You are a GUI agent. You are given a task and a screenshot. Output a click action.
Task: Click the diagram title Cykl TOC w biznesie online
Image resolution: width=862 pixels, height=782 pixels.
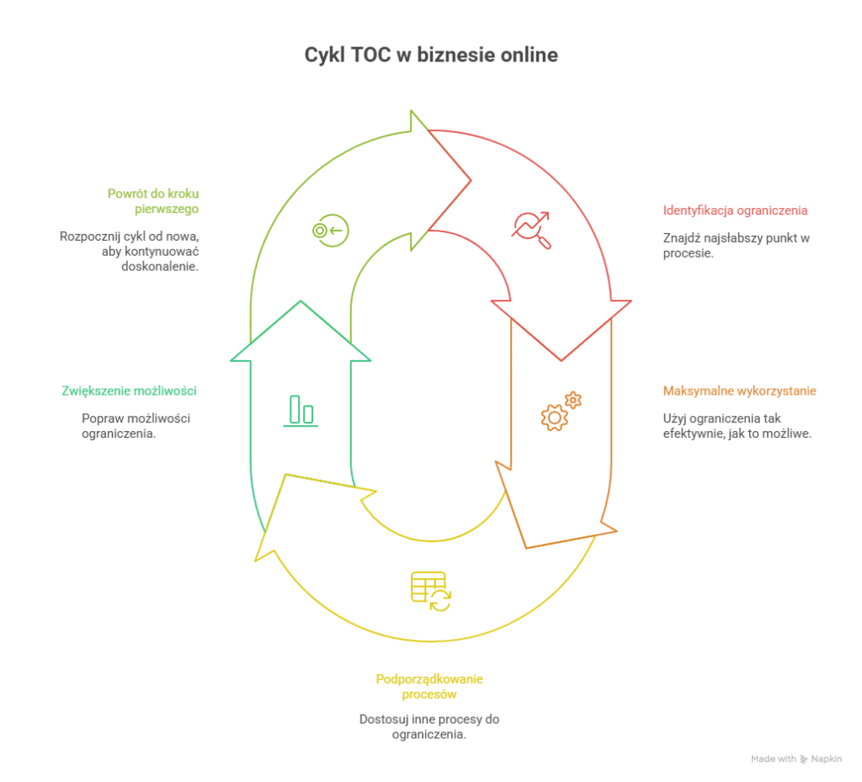click(430, 56)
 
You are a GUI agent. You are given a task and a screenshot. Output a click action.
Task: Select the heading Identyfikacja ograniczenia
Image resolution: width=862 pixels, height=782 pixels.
click(735, 210)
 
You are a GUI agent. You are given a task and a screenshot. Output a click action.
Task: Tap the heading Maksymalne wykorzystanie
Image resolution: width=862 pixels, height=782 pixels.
click(739, 391)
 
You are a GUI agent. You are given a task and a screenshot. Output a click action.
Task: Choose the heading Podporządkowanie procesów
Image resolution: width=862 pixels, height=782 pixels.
click(429, 687)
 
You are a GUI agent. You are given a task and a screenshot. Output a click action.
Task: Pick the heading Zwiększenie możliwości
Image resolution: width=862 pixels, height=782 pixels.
click(129, 391)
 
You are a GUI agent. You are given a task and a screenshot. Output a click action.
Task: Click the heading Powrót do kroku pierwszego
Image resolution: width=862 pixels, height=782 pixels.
click(153, 201)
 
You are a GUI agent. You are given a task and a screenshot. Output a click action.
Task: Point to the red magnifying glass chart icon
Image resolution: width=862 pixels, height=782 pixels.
click(532, 229)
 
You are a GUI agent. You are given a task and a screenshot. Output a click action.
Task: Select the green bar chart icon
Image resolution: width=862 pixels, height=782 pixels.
click(301, 411)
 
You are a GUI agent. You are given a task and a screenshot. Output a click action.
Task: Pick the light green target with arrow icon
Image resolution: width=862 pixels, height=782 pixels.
click(329, 230)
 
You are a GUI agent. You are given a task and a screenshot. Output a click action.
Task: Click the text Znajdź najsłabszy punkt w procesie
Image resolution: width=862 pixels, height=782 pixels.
click(736, 245)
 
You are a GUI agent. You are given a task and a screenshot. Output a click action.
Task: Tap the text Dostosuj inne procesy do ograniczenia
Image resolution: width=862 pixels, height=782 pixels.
click(429, 726)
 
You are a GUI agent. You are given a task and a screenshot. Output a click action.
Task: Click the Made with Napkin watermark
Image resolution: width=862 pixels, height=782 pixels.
click(795, 758)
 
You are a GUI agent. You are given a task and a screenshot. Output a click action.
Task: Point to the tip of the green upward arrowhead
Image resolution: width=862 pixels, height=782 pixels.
click(301, 301)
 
